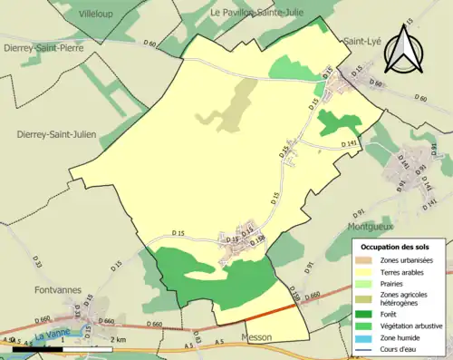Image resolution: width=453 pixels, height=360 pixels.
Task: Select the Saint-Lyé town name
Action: coord(361,41)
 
